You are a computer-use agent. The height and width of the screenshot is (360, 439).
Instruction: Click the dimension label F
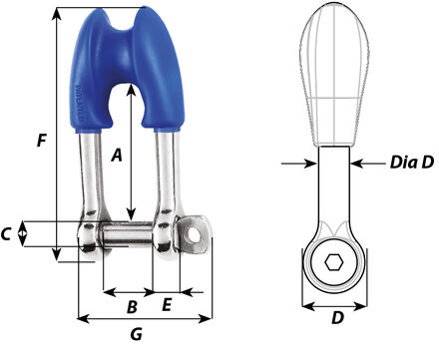pyautogui.click(x=40, y=141)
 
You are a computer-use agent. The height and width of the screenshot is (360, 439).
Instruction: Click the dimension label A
pyautogui.click(x=117, y=155)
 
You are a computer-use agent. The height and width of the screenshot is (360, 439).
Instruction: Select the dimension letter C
pyautogui.click(x=8, y=234)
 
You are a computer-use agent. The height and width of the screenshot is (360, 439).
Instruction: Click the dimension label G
pyautogui.click(x=136, y=335)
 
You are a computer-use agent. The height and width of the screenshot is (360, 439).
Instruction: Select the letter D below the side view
pyautogui.click(x=337, y=319)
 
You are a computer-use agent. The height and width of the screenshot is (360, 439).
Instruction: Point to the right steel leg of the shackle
pyautogui.click(x=166, y=180)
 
